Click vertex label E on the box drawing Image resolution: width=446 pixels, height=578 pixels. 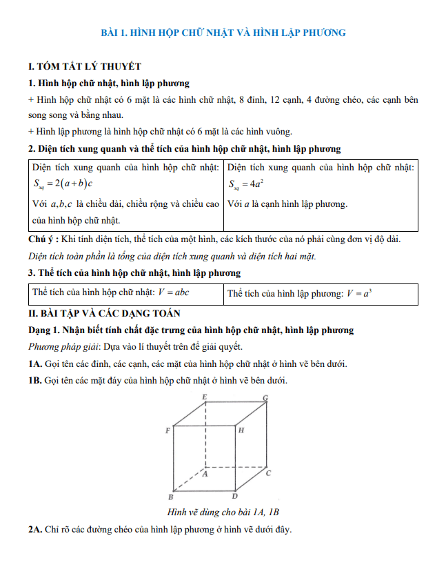[205, 397]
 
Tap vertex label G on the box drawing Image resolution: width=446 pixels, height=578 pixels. [265, 399]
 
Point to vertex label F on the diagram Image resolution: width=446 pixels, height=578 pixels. [168, 430]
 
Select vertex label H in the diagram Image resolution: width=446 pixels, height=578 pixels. [241, 430]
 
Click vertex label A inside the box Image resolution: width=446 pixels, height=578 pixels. [205, 475]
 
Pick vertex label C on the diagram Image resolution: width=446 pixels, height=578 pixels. [268, 473]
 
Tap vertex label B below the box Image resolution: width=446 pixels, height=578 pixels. [171, 497]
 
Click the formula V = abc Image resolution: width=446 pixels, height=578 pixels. [174, 292]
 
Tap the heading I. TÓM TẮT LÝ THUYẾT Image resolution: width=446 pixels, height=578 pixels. [85, 66]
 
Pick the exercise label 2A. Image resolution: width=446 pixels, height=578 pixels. [36, 530]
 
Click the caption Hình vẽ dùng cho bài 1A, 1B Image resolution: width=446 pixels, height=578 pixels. [223, 512]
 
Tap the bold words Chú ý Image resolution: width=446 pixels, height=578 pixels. [43, 239]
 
